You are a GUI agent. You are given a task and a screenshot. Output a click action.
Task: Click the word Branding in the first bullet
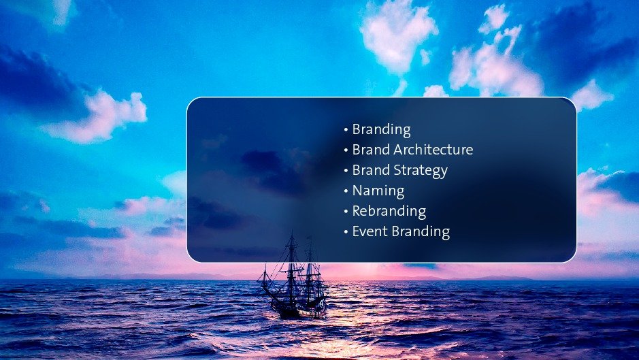(382, 130)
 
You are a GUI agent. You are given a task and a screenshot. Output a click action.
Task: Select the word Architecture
(433, 150)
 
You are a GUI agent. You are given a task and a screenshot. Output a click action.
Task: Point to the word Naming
(378, 191)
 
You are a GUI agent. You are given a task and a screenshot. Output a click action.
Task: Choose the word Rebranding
(389, 211)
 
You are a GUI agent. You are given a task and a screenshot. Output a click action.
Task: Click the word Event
(370, 231)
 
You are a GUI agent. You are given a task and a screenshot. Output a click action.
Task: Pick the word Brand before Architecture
(372, 150)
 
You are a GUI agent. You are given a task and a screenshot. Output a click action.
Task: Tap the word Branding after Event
(420, 232)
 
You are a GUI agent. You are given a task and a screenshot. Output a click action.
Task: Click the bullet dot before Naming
(346, 191)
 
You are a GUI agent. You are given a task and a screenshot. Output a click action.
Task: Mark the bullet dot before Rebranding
(346, 211)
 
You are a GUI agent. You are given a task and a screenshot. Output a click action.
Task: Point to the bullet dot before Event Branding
(346, 231)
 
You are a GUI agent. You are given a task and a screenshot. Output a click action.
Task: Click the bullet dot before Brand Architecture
(346, 150)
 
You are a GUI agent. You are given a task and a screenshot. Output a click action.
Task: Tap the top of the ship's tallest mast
(292, 231)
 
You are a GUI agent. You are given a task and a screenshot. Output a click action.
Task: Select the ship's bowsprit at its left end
(259, 280)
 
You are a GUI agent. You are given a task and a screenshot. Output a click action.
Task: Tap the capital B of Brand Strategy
(357, 170)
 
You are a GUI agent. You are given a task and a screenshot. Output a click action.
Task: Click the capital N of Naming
(357, 191)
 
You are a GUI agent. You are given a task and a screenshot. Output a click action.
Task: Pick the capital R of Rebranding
(357, 211)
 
